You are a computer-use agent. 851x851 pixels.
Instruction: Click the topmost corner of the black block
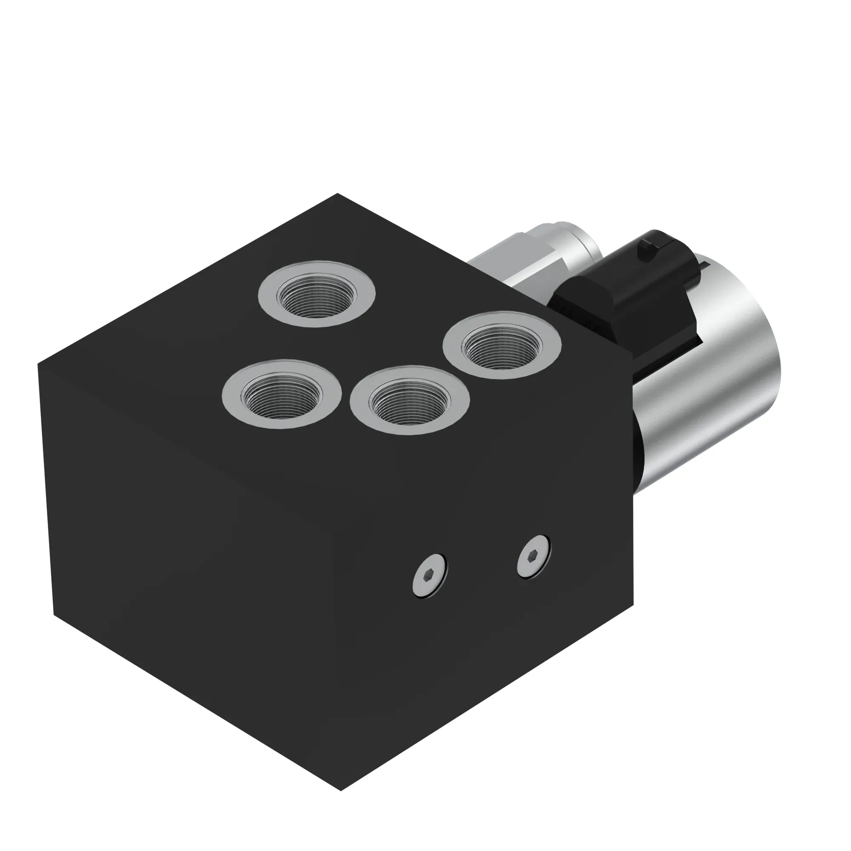[337, 194]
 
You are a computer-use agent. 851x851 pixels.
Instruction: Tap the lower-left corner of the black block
[54, 614]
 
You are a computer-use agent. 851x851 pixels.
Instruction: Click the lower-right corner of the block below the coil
[633, 603]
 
